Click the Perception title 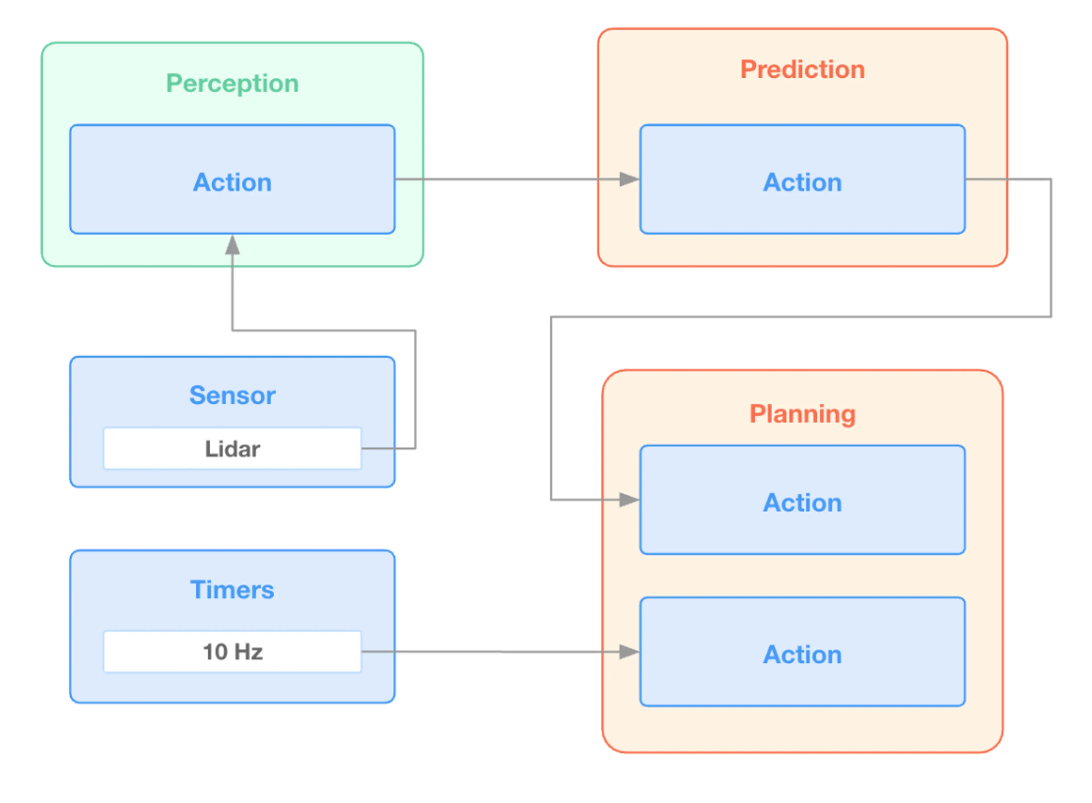232,84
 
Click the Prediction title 802,70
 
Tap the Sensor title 232,395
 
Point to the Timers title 232,590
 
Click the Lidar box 232,449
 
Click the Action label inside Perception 232,183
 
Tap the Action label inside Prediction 802,183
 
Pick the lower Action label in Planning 802,655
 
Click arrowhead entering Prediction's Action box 629,179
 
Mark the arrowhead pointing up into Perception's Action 232,245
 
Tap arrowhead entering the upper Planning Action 629,500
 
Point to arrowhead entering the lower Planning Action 629,652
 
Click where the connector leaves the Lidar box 363,449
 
